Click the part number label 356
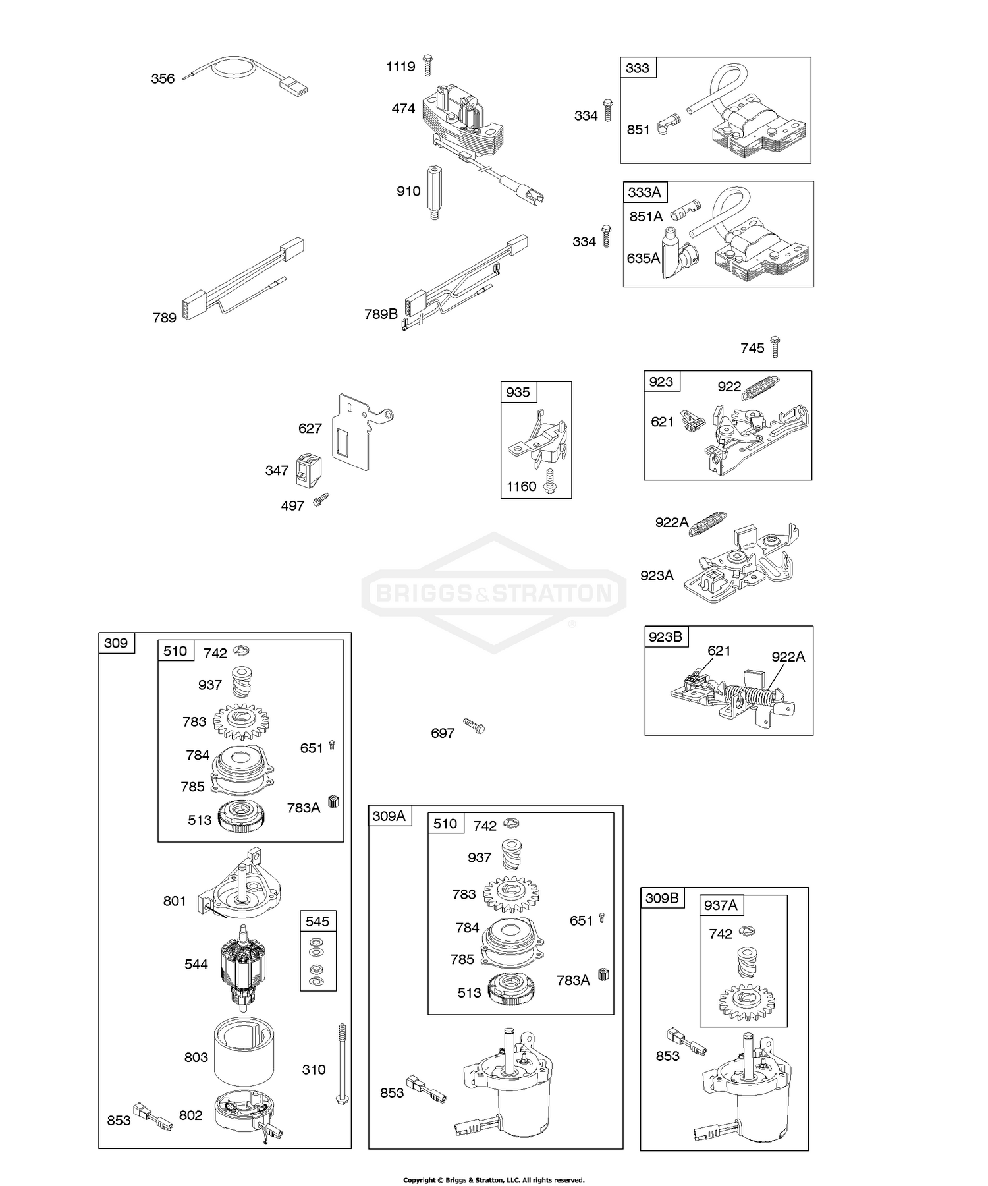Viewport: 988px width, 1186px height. click(163, 79)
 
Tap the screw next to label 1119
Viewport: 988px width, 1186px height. click(427, 65)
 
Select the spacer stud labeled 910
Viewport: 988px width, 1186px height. click(434, 192)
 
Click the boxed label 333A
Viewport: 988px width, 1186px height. click(644, 192)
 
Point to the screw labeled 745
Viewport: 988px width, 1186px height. click(775, 347)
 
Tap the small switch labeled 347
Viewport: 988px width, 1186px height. click(308, 471)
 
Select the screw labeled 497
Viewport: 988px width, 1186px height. click(321, 499)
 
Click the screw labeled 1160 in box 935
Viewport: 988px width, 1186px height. click(551, 484)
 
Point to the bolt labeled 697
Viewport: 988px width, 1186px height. click(474, 726)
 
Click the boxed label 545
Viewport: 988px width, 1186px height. click(318, 921)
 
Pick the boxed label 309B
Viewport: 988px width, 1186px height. click(662, 898)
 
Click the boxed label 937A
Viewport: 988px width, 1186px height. click(720, 905)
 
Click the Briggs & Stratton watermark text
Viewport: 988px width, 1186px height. click(493, 593)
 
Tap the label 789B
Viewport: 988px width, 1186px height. click(381, 314)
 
